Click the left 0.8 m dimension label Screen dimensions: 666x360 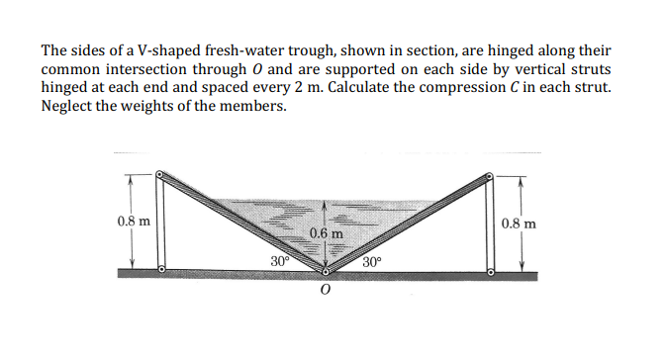[134, 223]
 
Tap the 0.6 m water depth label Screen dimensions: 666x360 [326, 233]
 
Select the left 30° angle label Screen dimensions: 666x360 [280, 262]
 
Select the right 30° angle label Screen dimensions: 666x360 [370, 262]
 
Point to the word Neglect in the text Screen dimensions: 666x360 [68, 107]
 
